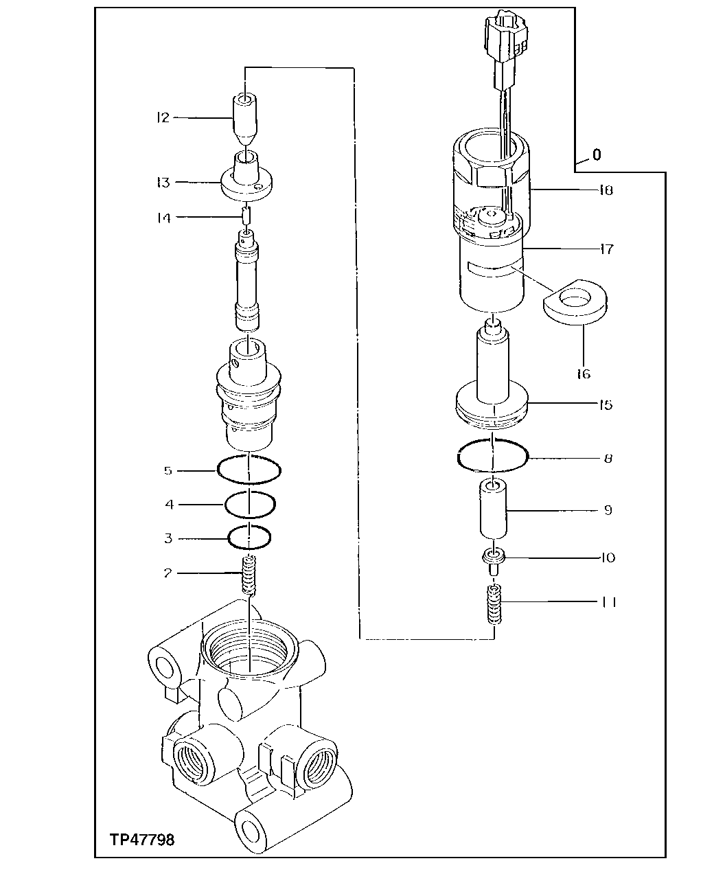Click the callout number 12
pyautogui.click(x=162, y=117)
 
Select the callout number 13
pyautogui.click(x=162, y=182)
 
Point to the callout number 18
pyautogui.click(x=605, y=189)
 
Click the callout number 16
pyautogui.click(x=584, y=373)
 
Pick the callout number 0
pyautogui.click(x=596, y=155)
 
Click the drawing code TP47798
pyautogui.click(x=142, y=839)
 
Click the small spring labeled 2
pyautogui.click(x=250, y=575)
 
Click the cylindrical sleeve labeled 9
pyautogui.click(x=493, y=509)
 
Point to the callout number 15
pyautogui.click(x=605, y=404)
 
